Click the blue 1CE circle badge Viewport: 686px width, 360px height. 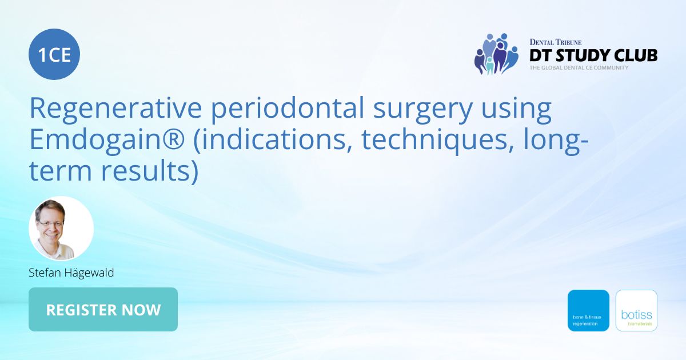click(x=54, y=54)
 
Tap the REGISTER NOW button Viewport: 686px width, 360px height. click(x=103, y=310)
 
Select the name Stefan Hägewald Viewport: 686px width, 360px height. click(x=71, y=273)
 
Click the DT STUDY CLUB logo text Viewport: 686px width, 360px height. click(x=593, y=55)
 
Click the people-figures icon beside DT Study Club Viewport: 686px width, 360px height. click(x=496, y=54)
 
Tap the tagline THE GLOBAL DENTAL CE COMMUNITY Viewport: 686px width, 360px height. click(x=579, y=67)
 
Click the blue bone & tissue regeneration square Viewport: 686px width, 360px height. click(x=588, y=310)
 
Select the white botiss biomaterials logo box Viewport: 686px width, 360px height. click(x=636, y=310)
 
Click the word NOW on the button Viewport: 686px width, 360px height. click(x=141, y=310)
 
